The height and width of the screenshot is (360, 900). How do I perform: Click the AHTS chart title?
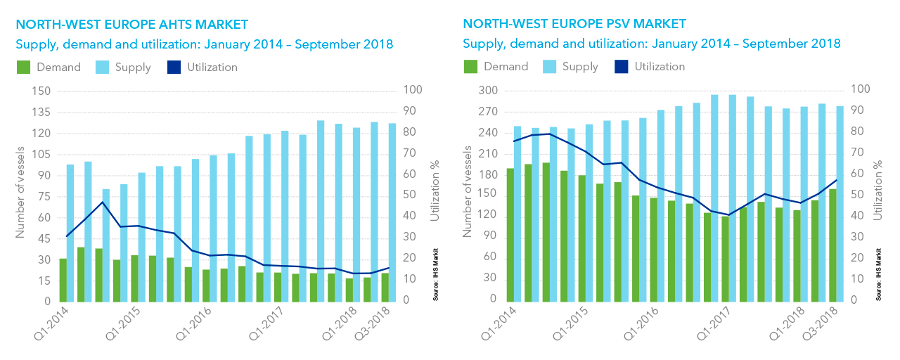[131, 25]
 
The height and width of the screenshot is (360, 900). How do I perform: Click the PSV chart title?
[574, 25]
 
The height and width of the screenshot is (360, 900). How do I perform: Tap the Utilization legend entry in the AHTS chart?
[202, 67]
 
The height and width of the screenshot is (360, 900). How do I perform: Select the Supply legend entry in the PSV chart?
[570, 67]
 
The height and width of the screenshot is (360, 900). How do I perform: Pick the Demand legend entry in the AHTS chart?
[49, 67]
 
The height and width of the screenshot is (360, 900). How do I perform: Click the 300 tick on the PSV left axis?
[488, 91]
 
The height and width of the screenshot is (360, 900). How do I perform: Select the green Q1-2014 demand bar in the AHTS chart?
[63, 280]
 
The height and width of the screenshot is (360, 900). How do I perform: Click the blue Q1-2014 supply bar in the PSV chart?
[517, 214]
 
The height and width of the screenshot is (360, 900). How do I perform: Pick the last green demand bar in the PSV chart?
[833, 245]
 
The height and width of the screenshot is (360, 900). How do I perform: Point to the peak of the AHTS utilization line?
[103, 202]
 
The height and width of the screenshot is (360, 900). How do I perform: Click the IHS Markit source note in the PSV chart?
[879, 274]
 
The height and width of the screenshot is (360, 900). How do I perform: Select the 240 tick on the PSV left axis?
[488, 134]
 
